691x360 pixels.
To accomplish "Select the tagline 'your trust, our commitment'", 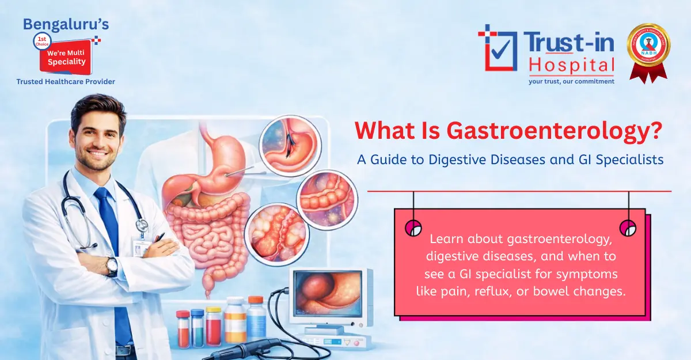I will pyautogui.click(x=571, y=81).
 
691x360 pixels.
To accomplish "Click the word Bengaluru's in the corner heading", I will pyautogui.click(x=66, y=24).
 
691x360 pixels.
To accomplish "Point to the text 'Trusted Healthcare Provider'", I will pyautogui.click(x=66, y=82).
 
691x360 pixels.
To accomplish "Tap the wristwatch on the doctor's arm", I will pyautogui.click(x=111, y=266).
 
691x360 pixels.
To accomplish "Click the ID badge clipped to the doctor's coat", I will pyautogui.click(x=141, y=247).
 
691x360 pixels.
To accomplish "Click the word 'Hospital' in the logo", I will pyautogui.click(x=571, y=66).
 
